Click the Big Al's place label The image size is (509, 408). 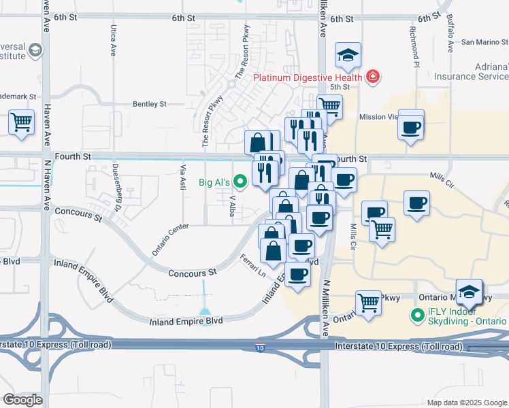pyautogui.click(x=214, y=182)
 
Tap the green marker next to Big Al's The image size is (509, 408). pyautogui.click(x=240, y=182)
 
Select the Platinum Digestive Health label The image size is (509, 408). pyautogui.click(x=308, y=77)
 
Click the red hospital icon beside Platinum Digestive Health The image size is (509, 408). pyautogui.click(x=372, y=76)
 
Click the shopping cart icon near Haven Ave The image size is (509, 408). pyautogui.click(x=22, y=123)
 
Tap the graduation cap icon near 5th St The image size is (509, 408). pyautogui.click(x=348, y=55)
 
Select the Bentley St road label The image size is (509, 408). pyautogui.click(x=150, y=104)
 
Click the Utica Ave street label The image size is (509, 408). pyautogui.click(x=113, y=41)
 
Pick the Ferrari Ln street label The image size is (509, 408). pyautogui.click(x=252, y=265)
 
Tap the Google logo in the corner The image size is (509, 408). pyautogui.click(x=23, y=400)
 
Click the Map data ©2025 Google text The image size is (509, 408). pyautogui.click(x=466, y=403)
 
